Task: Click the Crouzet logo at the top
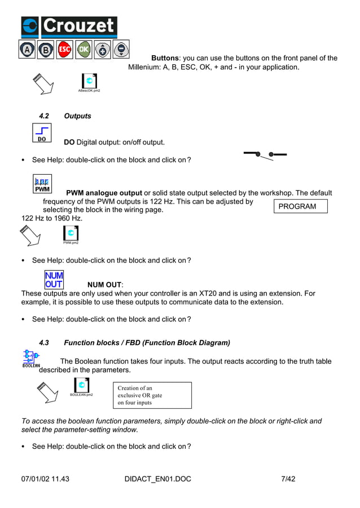click(69, 26)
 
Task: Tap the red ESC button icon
click(65, 50)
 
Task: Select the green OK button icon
click(84, 50)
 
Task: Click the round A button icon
click(27, 50)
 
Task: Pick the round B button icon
click(46, 50)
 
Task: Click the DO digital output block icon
click(42, 133)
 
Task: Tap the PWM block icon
click(42, 184)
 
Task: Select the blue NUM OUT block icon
click(54, 280)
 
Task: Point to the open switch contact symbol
click(265, 154)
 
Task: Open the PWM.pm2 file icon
click(71, 233)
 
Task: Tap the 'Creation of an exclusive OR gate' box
click(154, 395)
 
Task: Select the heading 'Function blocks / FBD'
click(147, 343)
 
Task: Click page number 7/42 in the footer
click(288, 479)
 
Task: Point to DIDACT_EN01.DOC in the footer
click(157, 479)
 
